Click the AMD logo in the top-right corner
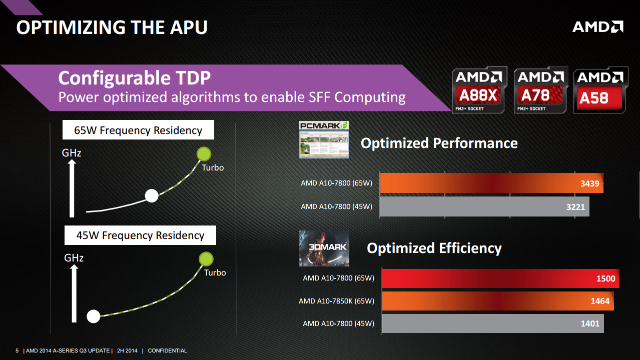[x=597, y=26]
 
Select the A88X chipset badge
[x=479, y=90]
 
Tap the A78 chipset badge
[x=540, y=90]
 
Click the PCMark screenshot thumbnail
[x=324, y=140]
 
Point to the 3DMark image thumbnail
[x=324, y=248]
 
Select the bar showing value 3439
[x=491, y=183]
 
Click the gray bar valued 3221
[x=484, y=206]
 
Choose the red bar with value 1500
[x=500, y=278]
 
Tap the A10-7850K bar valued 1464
[x=497, y=301]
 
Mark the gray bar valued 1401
[x=492, y=323]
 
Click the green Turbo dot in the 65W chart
[x=204, y=153]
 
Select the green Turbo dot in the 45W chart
[x=206, y=258]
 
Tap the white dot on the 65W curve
[x=152, y=196]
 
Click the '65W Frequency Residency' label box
[x=138, y=131]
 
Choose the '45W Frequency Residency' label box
[x=140, y=235]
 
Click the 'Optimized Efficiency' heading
[x=434, y=248]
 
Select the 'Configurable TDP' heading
[x=134, y=78]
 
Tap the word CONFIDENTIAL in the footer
[x=167, y=351]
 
